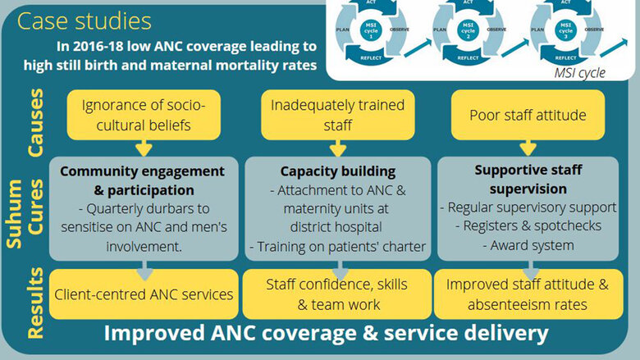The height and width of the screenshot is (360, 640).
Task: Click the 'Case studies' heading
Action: pyautogui.click(x=84, y=21)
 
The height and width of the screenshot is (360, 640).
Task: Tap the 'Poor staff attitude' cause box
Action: pyautogui.click(x=528, y=115)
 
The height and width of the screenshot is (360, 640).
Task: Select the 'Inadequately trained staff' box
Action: pyautogui.click(x=337, y=115)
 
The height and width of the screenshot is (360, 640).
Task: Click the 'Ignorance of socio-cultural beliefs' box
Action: pyautogui.click(x=144, y=115)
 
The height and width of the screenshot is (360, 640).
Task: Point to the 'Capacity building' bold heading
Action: pyautogui.click(x=337, y=171)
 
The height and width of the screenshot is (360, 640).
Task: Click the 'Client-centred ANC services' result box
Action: pyautogui.click(x=144, y=294)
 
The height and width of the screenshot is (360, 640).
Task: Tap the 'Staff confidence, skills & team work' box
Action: pyautogui.click(x=337, y=294)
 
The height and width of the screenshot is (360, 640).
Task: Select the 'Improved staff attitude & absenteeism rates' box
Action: pyautogui.click(x=528, y=294)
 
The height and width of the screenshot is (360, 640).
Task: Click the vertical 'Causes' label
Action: pyautogui.click(x=35, y=123)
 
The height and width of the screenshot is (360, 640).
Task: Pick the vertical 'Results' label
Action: pyautogui.click(x=35, y=303)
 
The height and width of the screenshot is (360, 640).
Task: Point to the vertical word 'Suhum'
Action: pyautogui.click(x=14, y=214)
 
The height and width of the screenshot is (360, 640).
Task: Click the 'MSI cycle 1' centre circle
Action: pyautogui.click(x=371, y=30)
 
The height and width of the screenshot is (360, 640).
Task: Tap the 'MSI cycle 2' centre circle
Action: pyautogui.click(x=469, y=30)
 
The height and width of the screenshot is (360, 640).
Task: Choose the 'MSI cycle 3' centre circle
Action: pyautogui.click(x=565, y=30)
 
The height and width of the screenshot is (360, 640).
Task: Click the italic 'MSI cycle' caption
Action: pyautogui.click(x=579, y=73)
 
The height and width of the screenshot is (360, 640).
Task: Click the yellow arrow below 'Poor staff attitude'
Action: pyautogui.click(x=528, y=148)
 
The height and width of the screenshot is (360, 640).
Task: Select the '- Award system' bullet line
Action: pyautogui.click(x=528, y=245)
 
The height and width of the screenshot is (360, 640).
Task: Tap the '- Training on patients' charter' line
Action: pyautogui.click(x=337, y=247)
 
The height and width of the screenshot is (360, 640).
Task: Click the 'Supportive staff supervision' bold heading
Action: pyautogui.click(x=528, y=180)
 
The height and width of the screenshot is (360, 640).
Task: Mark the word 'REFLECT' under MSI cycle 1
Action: pyautogui.click(x=371, y=58)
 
